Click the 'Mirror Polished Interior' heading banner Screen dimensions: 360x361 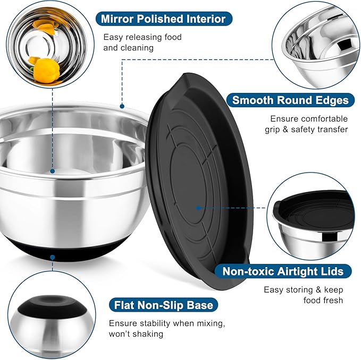[163, 19]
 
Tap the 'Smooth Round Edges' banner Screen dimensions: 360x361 [290, 100]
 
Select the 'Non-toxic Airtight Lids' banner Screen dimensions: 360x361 [287, 271]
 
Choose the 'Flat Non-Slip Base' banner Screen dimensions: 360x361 [164, 305]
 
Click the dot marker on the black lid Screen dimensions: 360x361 [198, 209]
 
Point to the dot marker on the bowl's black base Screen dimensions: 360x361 [53, 258]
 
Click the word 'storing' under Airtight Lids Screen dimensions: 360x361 [300, 290]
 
